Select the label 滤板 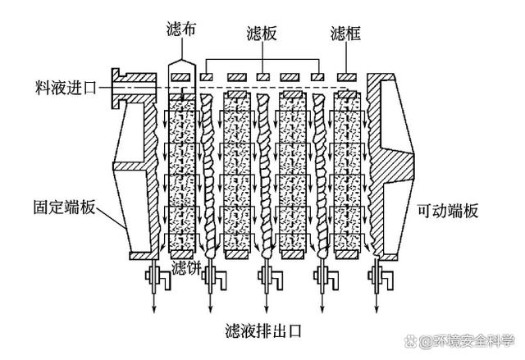262,34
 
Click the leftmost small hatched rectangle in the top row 181,76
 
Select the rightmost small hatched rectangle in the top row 345,76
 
